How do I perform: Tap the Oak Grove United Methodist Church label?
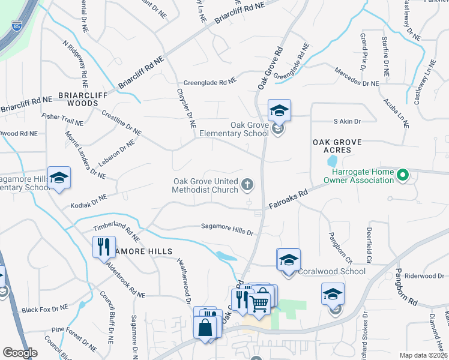[205, 185]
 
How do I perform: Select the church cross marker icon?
[247, 185]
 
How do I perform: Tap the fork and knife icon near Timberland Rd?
[103, 245]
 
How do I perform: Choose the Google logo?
[20, 353]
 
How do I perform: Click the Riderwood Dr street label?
[423, 276]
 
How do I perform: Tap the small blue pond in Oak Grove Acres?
[331, 161]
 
